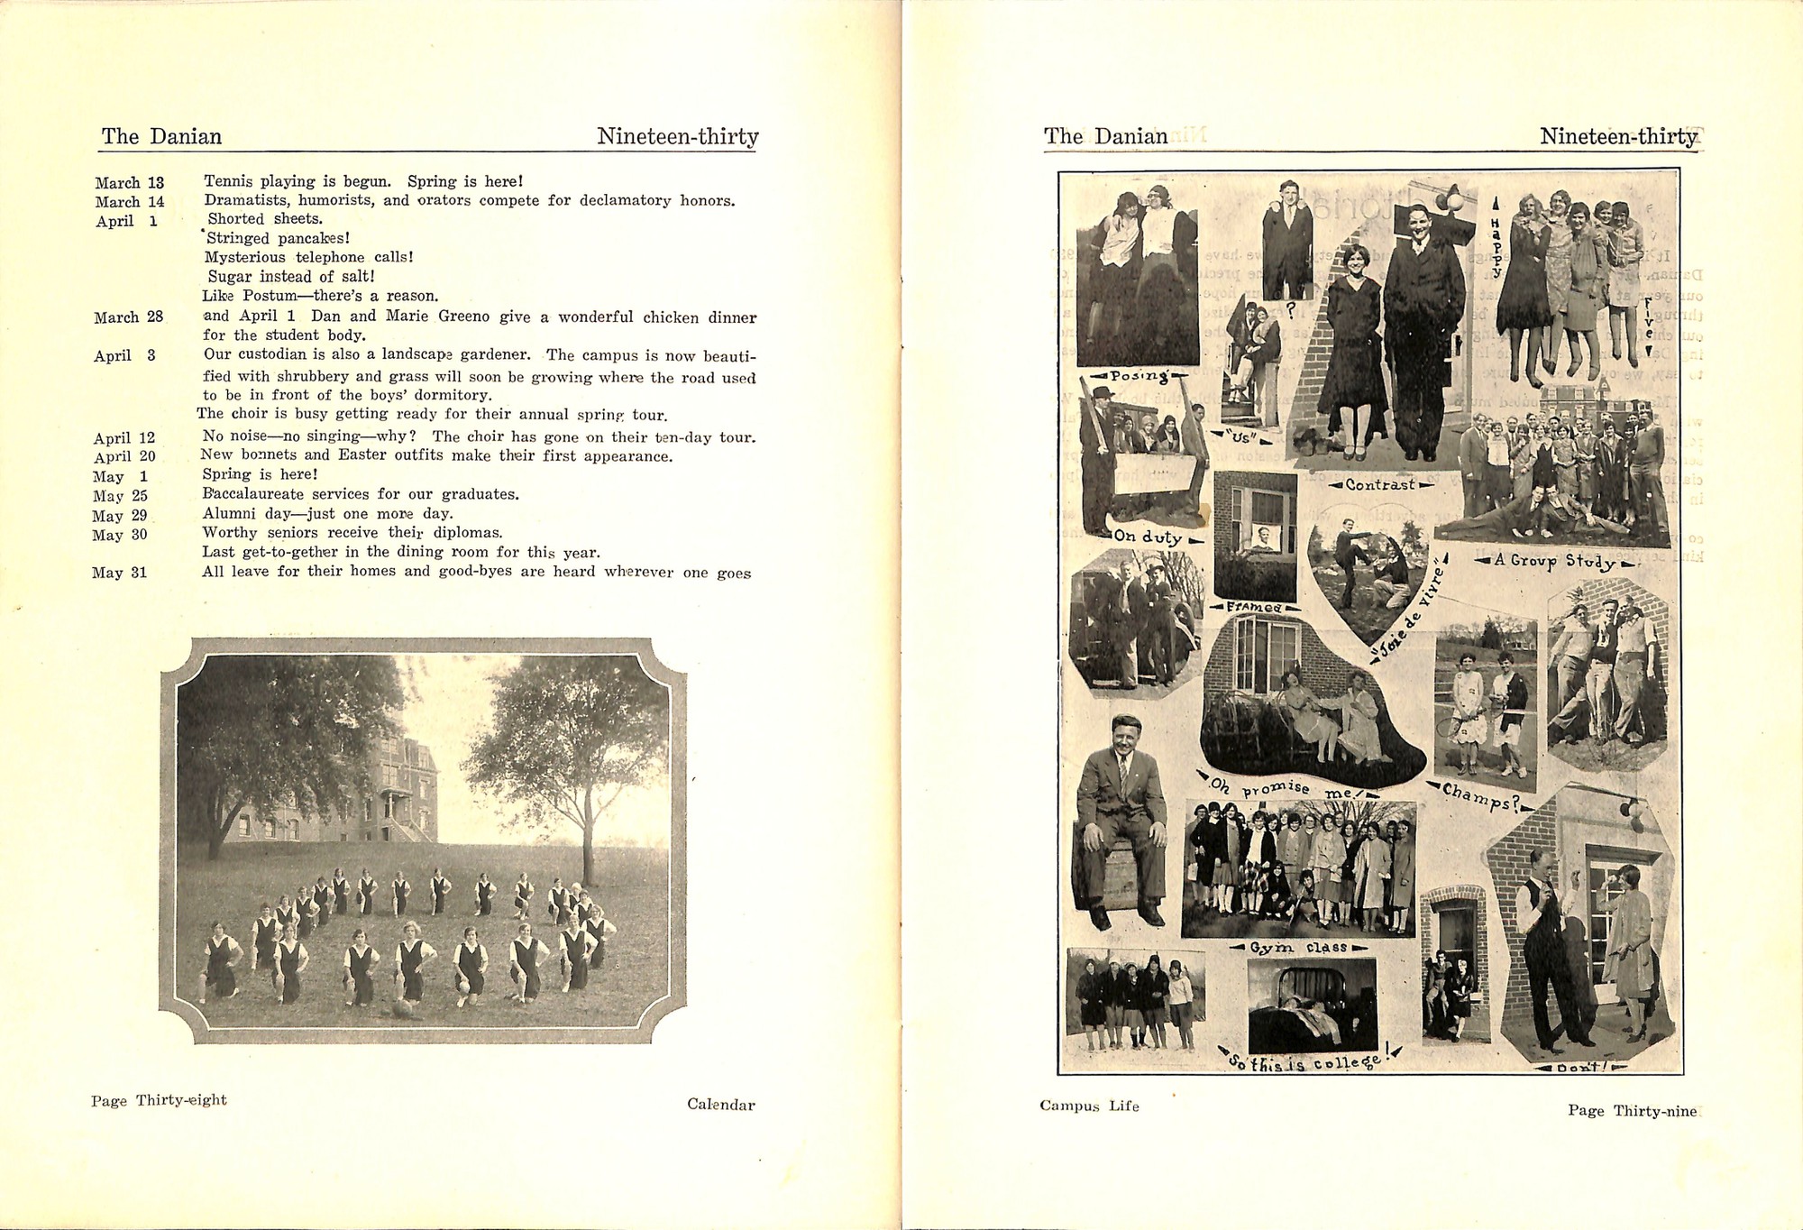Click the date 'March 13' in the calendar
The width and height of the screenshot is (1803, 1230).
tap(129, 183)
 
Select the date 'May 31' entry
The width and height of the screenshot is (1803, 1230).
tap(119, 573)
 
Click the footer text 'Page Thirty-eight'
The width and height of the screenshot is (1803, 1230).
tap(159, 1100)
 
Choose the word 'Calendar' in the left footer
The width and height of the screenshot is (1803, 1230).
tap(720, 1105)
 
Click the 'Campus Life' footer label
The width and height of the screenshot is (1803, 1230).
tap(1089, 1106)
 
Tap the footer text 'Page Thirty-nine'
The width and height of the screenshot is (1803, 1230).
tap(1632, 1111)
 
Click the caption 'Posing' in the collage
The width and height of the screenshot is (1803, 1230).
tap(1139, 376)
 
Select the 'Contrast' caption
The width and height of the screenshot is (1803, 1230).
tap(1379, 485)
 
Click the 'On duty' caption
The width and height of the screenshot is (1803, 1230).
tap(1147, 537)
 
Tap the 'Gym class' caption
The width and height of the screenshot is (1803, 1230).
tap(1298, 948)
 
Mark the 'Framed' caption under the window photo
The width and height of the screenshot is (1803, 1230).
tap(1254, 607)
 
